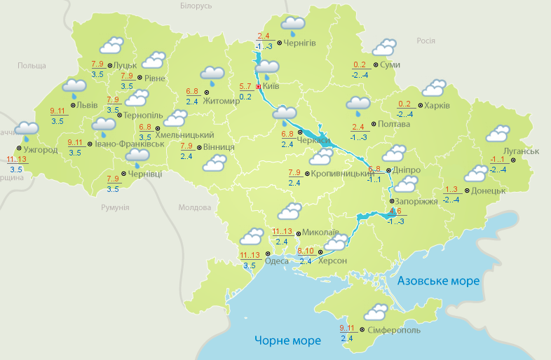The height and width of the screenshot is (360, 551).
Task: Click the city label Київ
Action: coord(271,87)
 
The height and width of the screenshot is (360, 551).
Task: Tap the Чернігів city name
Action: coord(300,43)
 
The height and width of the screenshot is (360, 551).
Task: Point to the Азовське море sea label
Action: coord(438,281)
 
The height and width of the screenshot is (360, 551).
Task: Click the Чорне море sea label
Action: coord(287,340)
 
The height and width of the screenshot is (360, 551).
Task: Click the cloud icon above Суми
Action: coord(384,47)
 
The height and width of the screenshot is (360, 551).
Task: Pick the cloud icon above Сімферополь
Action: coord(376,311)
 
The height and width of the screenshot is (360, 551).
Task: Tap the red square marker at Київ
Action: coord(258,87)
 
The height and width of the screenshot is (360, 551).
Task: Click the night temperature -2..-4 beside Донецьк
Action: coord(451,200)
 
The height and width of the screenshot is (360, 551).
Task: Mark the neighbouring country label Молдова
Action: coord(194,208)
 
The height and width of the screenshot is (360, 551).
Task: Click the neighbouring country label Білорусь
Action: coord(196,6)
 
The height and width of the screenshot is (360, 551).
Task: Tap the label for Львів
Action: coord(88,105)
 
